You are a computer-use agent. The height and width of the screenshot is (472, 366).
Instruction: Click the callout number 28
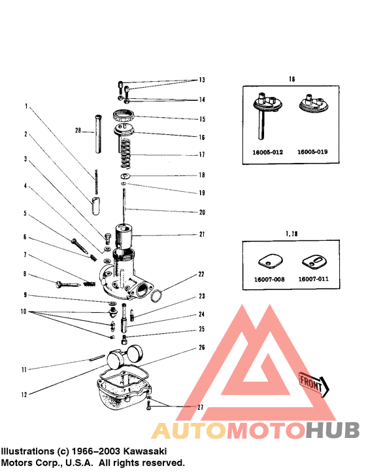click(78, 131)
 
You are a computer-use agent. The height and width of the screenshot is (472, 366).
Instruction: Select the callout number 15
click(202, 120)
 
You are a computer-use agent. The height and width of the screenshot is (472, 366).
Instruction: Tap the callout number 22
click(202, 274)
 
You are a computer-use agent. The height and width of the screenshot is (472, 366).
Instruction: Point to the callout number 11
click(24, 370)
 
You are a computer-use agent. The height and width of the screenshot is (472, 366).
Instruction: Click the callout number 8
click(24, 275)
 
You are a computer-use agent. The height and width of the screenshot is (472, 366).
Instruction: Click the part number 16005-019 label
click(313, 151)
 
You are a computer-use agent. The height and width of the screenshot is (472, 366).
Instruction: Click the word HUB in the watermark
click(333, 431)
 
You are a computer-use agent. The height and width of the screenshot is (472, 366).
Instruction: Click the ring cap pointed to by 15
click(124, 117)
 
